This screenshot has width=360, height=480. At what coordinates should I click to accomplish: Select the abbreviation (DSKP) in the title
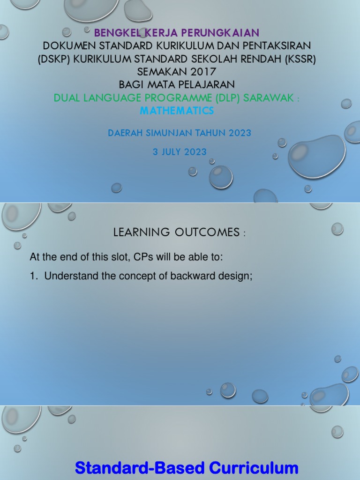coord(54,59)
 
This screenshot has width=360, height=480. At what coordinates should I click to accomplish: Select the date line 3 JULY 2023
coord(180,151)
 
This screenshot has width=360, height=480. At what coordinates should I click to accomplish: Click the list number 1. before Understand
coord(33,276)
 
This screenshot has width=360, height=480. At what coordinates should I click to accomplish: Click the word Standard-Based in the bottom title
coord(140,468)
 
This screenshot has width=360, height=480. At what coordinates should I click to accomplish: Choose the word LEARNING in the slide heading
coord(142,232)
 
